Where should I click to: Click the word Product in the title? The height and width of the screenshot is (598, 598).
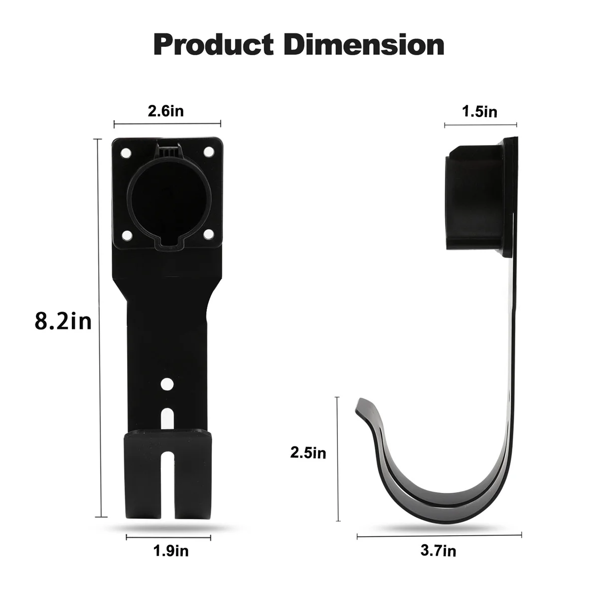[x=213, y=45]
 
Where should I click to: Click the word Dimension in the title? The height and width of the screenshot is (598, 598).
[x=364, y=45]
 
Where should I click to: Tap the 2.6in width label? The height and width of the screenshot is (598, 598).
[x=166, y=111]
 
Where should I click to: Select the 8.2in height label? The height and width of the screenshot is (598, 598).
[x=63, y=321]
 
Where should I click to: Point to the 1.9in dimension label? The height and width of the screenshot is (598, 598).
[x=171, y=551]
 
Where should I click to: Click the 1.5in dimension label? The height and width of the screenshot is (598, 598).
[x=479, y=112]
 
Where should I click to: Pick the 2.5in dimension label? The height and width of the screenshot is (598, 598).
[x=308, y=453]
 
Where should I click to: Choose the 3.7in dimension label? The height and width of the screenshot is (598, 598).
[x=438, y=551]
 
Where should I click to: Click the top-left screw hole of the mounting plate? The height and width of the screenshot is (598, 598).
[x=126, y=153]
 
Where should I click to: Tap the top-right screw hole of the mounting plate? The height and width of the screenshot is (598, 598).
[x=208, y=152]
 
